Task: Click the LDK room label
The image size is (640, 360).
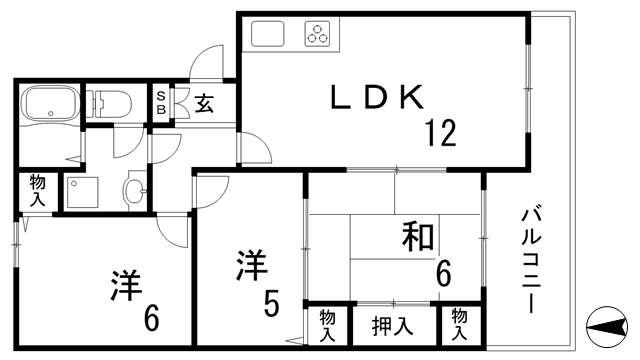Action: point(380,97)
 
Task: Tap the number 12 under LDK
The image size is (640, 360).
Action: point(439,131)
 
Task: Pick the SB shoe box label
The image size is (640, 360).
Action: point(161,102)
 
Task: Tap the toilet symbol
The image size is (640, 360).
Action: point(113,103)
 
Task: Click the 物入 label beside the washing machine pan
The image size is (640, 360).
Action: point(36,190)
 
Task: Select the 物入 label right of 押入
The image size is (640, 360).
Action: point(460,322)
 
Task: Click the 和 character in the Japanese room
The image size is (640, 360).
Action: point(418,238)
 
